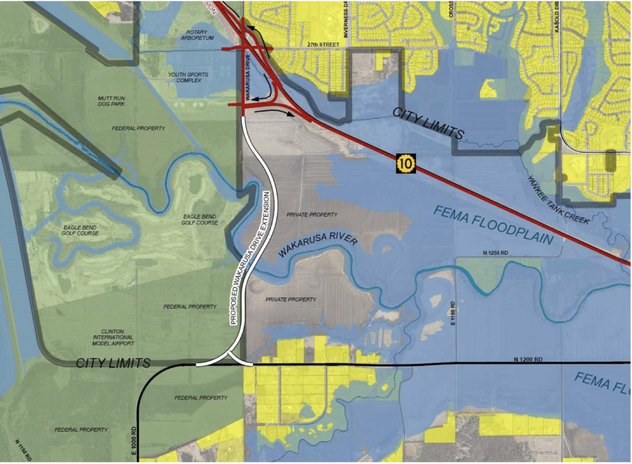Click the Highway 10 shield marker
(405, 164)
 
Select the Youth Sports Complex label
(188, 78)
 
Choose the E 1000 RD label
(133, 438)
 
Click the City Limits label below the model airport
(113, 363)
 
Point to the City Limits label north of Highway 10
(428, 122)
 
